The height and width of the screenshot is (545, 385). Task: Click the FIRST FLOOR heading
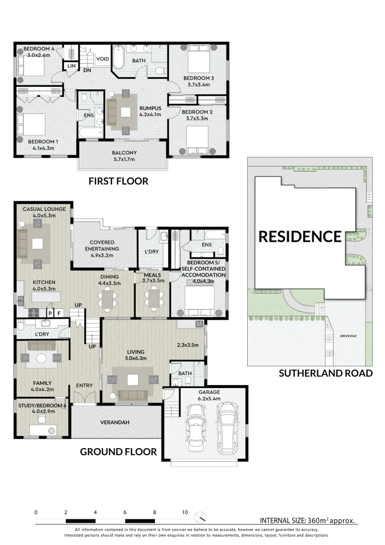118,181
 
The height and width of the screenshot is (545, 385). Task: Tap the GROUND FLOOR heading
118,452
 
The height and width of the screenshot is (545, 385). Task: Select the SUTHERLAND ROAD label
325,373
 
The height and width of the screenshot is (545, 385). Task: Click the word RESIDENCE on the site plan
300,236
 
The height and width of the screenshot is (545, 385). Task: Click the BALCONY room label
124,153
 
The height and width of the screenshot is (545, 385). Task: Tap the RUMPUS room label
150,108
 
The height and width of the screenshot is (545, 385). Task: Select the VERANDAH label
113,422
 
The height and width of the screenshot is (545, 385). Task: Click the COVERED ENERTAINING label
104,245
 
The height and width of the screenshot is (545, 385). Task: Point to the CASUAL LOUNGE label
40,209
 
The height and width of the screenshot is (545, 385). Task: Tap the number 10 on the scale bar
185,512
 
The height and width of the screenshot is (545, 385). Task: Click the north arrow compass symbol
202,517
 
